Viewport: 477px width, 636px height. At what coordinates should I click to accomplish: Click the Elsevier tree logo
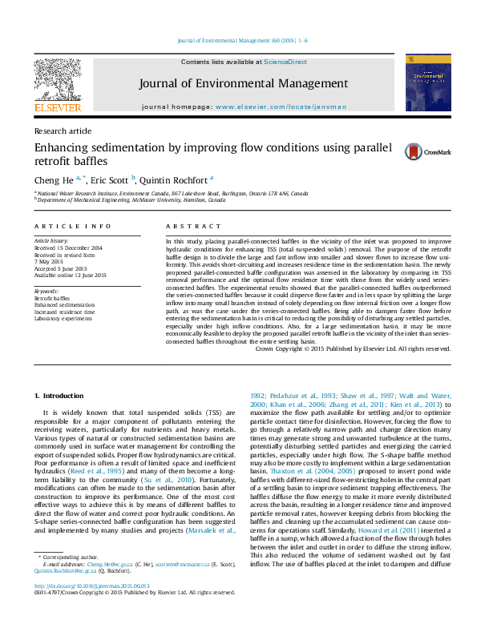[x=57, y=81]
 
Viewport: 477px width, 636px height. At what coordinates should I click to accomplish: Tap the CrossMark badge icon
[x=390, y=151]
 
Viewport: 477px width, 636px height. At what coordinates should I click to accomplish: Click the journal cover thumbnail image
[x=422, y=83]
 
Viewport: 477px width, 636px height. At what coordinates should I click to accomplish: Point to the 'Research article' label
[x=63, y=131]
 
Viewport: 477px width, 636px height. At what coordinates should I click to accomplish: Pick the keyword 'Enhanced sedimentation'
[x=64, y=305]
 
